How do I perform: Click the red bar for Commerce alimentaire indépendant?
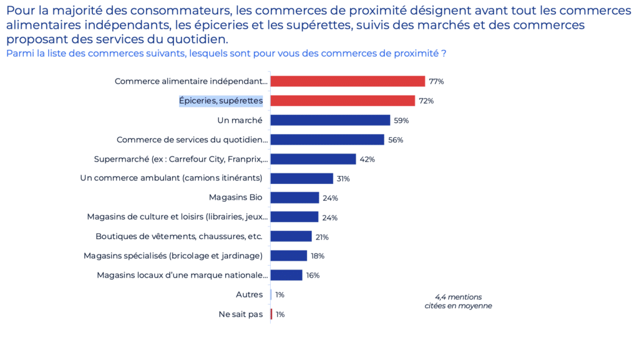pyautogui.click(x=348, y=81)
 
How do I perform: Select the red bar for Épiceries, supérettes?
pyautogui.click(x=343, y=100)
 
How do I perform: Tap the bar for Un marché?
pyautogui.click(x=330, y=120)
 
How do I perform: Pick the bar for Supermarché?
pyautogui.click(x=313, y=159)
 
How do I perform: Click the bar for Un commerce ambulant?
pyautogui.click(x=302, y=178)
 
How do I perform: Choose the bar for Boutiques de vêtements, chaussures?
pyautogui.click(x=291, y=236)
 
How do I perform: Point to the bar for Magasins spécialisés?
pyautogui.click(x=289, y=256)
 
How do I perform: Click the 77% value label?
pyautogui.click(x=436, y=82)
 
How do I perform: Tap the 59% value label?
pyautogui.click(x=401, y=120)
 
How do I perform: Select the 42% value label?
pyautogui.click(x=367, y=159)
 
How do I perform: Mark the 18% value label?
pyautogui.click(x=318, y=256)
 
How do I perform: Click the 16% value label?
pyautogui.click(x=313, y=275)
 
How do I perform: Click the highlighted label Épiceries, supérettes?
pyautogui.click(x=221, y=100)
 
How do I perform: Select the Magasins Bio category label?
pyautogui.click(x=235, y=198)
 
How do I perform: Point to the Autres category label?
pyautogui.click(x=249, y=294)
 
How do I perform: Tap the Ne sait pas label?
pyautogui.click(x=240, y=314)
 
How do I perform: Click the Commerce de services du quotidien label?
pyautogui.click(x=192, y=140)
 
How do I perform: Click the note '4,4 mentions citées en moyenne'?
pyautogui.click(x=458, y=301)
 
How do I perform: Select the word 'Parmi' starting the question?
pyautogui.click(x=18, y=54)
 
